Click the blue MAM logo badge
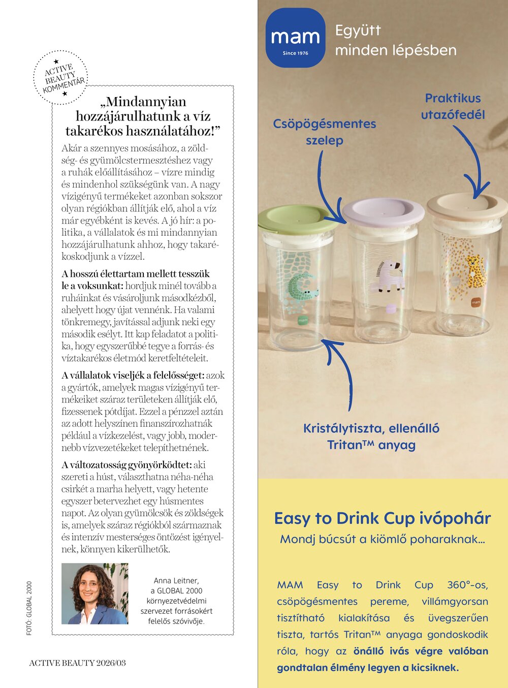pos(295,38)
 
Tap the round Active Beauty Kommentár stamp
pos(60,78)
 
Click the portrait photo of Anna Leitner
pos(94,593)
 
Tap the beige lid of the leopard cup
pos(467,206)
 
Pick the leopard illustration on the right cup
pos(474,269)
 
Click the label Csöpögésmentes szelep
pos(325,132)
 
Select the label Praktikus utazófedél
pos(453,106)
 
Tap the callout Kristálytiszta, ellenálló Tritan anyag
pos(371,436)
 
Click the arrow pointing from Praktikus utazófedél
pos(474,163)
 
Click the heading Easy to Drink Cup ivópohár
pos(382,518)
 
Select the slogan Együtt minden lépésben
pos(395,40)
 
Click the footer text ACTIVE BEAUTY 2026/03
pos(77,663)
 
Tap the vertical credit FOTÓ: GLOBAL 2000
pos(29,608)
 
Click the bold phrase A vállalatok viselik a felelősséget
pos(133,376)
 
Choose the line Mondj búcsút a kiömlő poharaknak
pos(382,539)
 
